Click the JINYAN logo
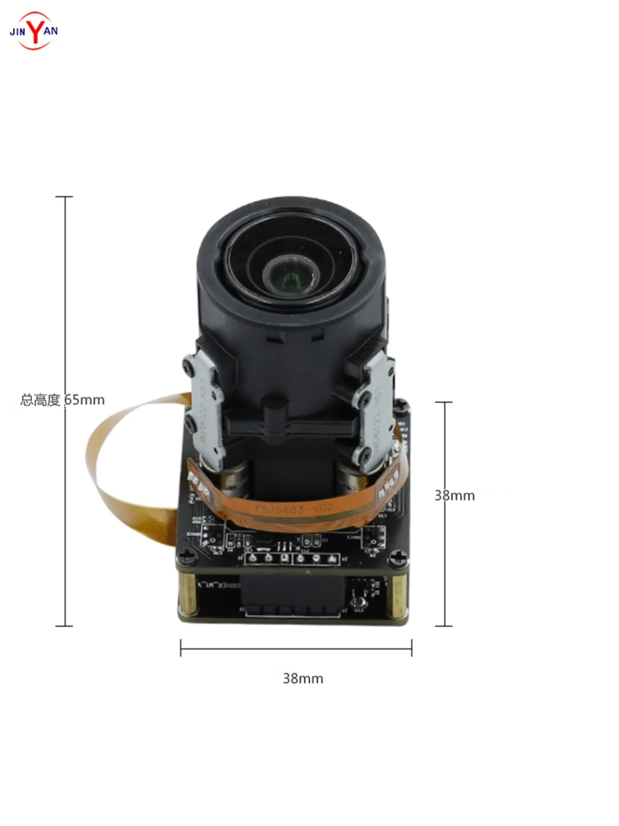point(34,30)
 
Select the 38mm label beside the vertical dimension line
point(454,496)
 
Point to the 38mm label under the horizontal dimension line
point(303,678)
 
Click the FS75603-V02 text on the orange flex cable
point(295,509)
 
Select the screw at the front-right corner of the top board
point(398,558)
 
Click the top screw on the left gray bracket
point(189,364)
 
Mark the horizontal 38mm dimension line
point(296,648)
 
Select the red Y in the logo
point(35,30)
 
